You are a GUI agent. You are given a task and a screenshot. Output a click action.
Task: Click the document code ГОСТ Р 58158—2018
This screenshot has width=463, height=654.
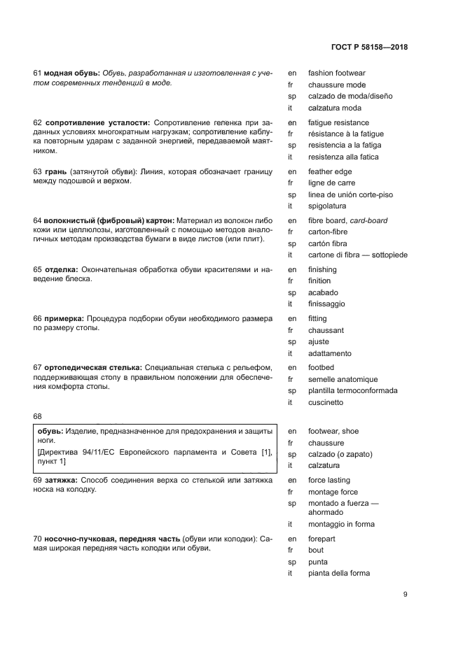(x=369, y=48)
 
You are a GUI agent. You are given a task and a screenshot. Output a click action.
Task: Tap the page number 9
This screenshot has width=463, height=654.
(x=406, y=595)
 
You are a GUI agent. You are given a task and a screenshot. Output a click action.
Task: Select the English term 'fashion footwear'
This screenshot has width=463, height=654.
(x=336, y=73)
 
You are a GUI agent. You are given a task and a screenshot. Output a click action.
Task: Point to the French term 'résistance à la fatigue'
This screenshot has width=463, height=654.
(x=346, y=134)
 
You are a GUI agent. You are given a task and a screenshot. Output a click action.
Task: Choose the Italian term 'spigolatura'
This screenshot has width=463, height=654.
(x=327, y=206)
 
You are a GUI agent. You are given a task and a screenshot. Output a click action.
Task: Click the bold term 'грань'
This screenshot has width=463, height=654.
(x=55, y=171)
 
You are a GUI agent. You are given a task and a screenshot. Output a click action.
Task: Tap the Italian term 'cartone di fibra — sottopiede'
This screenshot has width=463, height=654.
(x=357, y=255)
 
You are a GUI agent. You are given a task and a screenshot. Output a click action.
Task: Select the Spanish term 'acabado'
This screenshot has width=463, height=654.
(x=323, y=292)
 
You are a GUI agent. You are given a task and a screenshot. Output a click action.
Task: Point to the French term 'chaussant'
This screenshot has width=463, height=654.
(x=326, y=330)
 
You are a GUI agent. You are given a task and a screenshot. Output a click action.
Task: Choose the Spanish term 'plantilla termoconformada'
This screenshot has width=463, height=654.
(x=352, y=390)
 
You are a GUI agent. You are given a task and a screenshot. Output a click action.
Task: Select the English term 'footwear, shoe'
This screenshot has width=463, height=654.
(x=333, y=431)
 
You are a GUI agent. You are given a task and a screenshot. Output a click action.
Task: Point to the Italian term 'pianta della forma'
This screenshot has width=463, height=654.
(x=338, y=574)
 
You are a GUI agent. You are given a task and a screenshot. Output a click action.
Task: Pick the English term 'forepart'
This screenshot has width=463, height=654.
(x=322, y=538)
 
